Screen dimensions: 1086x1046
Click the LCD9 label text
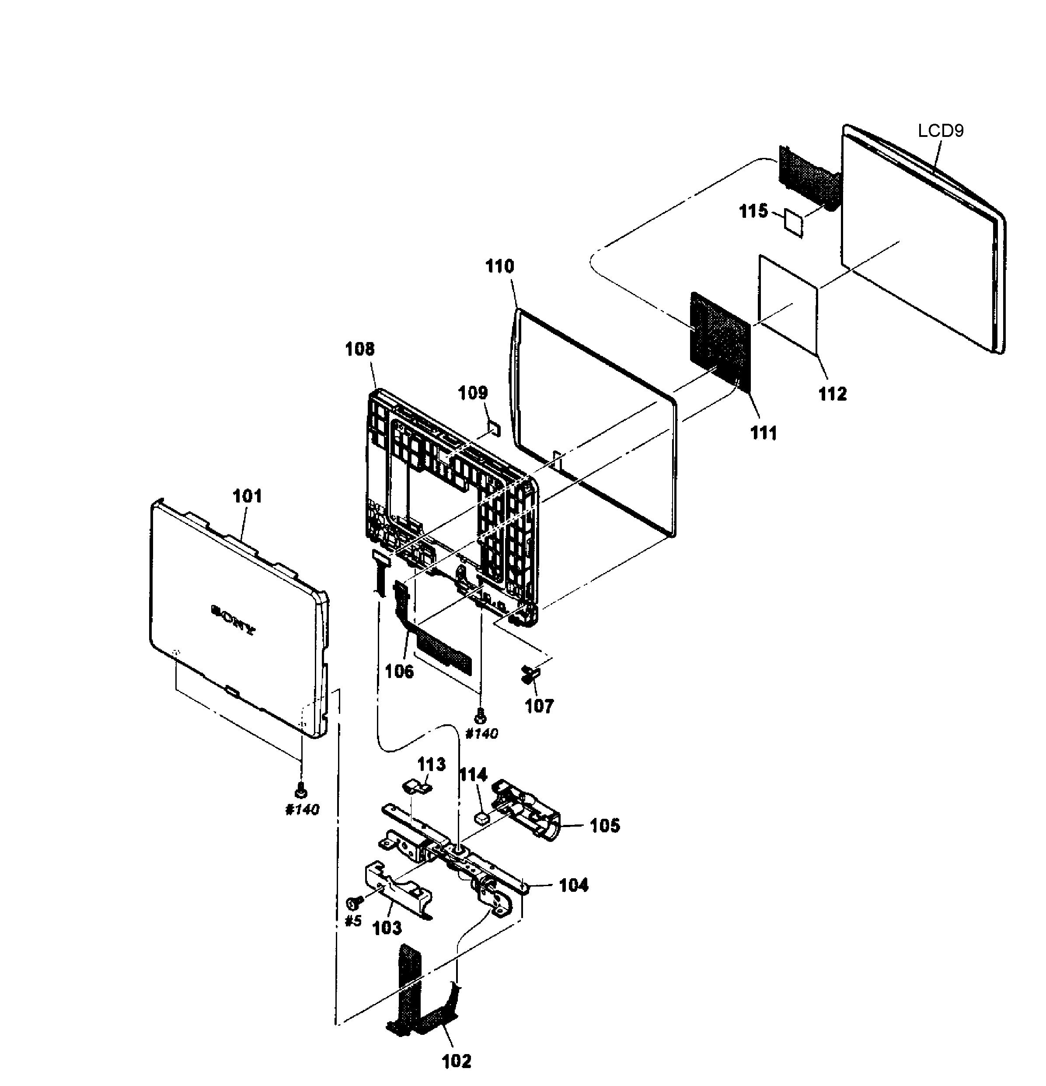coord(940,131)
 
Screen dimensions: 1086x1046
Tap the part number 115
coord(753,211)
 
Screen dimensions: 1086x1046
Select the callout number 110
coord(500,266)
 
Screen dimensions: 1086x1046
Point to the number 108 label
coord(359,349)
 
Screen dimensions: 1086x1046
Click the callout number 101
coord(247,496)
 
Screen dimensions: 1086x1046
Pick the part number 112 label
coord(832,394)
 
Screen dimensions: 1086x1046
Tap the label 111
coord(764,433)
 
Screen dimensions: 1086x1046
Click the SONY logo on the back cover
coord(233,619)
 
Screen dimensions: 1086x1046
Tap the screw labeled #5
coord(353,903)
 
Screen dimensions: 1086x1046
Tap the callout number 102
coord(457,1061)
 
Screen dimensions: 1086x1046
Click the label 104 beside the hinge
coord(573,885)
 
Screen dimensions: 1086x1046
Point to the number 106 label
coord(399,671)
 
